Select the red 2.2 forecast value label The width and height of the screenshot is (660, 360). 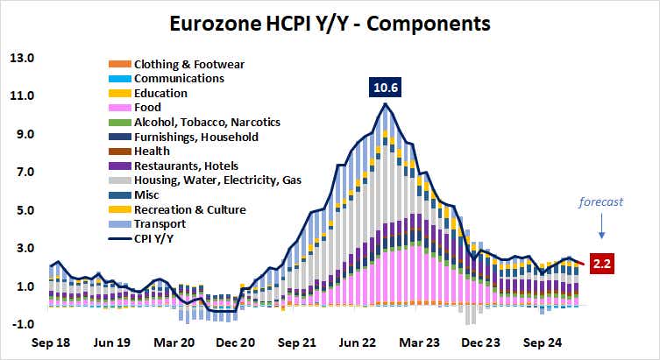pyautogui.click(x=603, y=262)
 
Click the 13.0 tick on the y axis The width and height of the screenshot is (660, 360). pyautogui.click(x=21, y=59)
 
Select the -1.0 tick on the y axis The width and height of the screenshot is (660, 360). pyautogui.click(x=21, y=324)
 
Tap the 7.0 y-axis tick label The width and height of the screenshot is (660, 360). pyautogui.click(x=21, y=173)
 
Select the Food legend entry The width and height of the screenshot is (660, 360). pyautogui.click(x=148, y=108)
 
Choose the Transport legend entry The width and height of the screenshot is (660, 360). pyautogui.click(x=159, y=224)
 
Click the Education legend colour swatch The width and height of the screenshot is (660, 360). pyautogui.click(x=117, y=93)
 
